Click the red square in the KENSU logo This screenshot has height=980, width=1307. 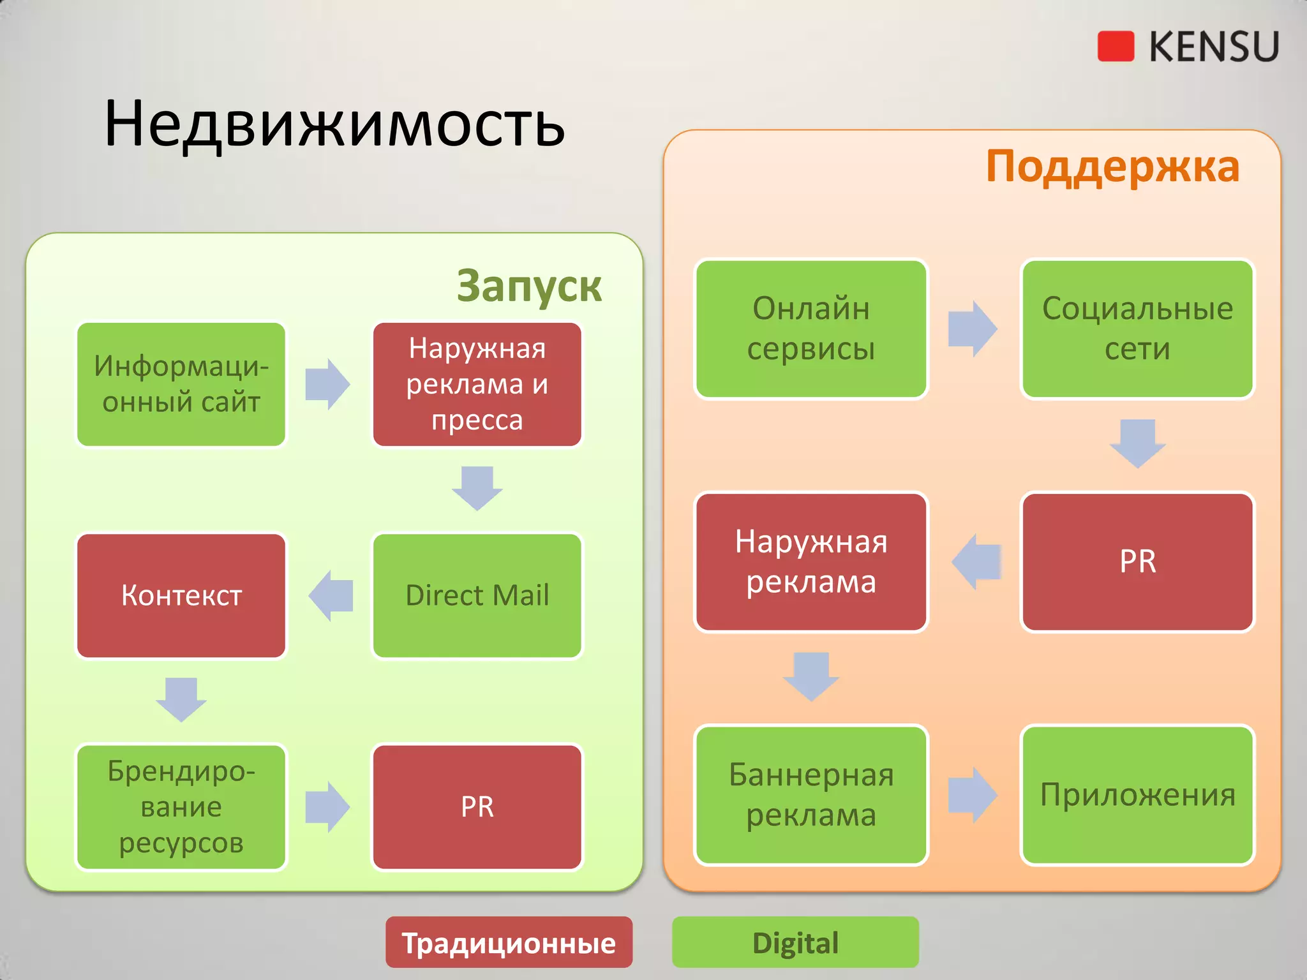tap(1115, 47)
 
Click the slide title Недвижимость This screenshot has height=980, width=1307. tap(334, 124)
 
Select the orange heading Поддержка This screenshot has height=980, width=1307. tap(1112, 167)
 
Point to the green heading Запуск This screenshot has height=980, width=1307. tap(528, 286)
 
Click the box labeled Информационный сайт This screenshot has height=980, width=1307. tap(181, 384)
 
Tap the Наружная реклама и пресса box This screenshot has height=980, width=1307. tap(477, 384)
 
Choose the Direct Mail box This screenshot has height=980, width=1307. tap(477, 595)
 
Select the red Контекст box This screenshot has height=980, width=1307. tap(181, 595)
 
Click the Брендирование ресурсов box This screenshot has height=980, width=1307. tap(181, 806)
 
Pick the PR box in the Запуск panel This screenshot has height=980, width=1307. tap(477, 806)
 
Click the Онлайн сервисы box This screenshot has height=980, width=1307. tap(810, 329)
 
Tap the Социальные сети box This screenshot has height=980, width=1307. tap(1137, 329)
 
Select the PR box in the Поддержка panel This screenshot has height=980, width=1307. tap(1137, 561)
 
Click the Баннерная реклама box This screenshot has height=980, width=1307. tap(810, 795)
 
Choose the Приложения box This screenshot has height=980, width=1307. tap(1137, 795)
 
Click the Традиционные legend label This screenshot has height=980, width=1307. tap(509, 942)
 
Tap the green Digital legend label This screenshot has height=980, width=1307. tap(795, 942)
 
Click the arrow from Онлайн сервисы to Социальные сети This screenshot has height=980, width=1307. tap(972, 329)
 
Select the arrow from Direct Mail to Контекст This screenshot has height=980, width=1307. tap(331, 595)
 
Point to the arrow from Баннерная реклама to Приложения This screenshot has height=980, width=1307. tap(972, 795)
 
